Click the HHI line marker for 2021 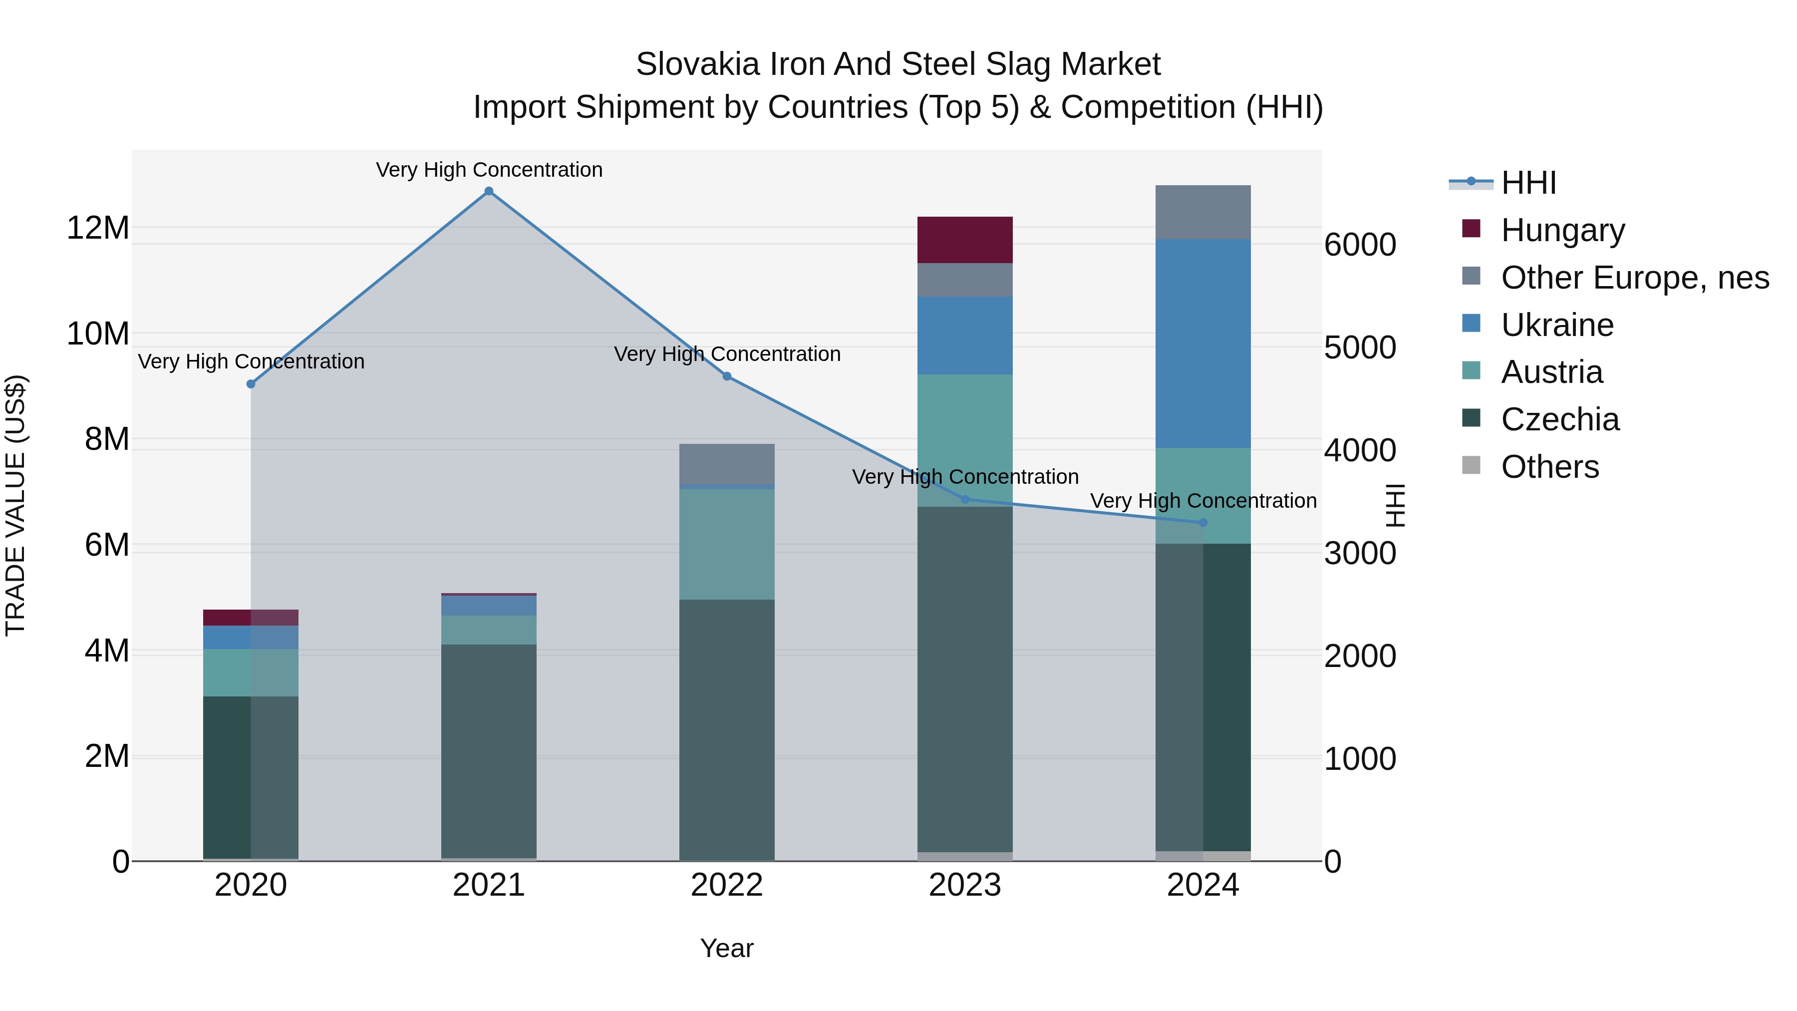[x=489, y=191]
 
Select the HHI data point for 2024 [x=1202, y=523]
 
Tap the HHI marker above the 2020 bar [x=251, y=384]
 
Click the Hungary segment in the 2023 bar [x=965, y=240]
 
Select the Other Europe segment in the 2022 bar [x=727, y=463]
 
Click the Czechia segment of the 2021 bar [x=489, y=750]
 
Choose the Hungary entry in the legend [x=1562, y=230]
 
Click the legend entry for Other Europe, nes [x=1634, y=278]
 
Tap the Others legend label [x=1549, y=467]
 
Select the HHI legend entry [x=1528, y=183]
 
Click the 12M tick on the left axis [x=98, y=228]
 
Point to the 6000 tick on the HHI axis [x=1360, y=245]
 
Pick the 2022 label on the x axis [x=727, y=885]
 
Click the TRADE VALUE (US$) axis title [x=15, y=505]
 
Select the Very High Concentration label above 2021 [x=489, y=170]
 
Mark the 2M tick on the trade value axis [x=107, y=756]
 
